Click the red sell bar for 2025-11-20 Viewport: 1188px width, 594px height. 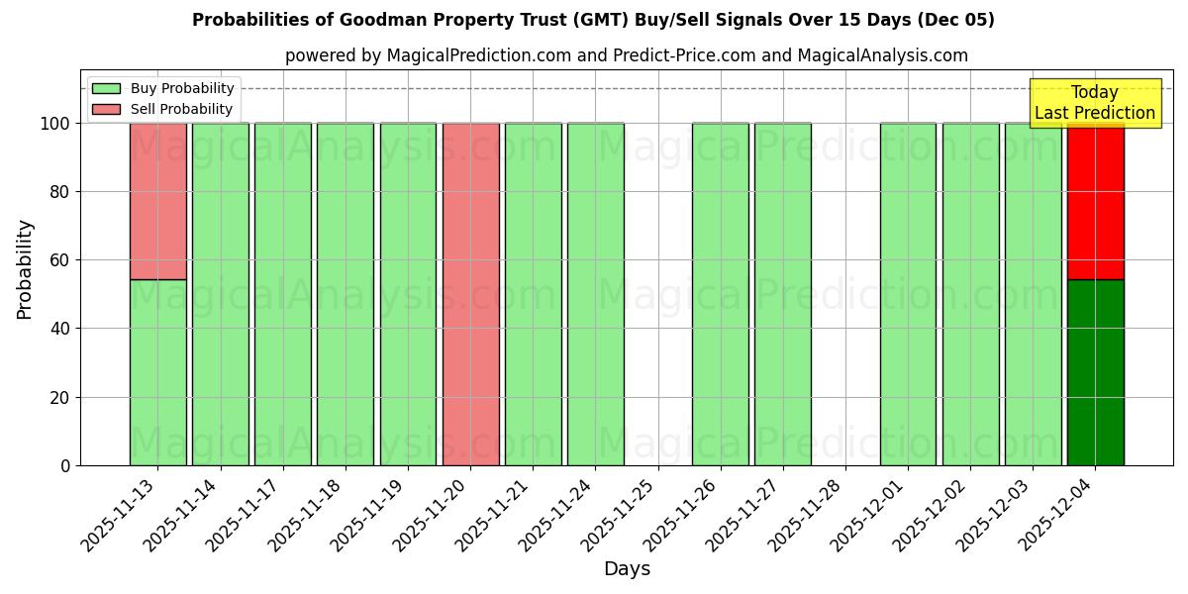pyautogui.click(x=470, y=294)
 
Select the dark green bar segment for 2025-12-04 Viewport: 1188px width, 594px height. pyautogui.click(x=1095, y=372)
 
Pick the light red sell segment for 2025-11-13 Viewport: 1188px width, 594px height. pyautogui.click(x=157, y=201)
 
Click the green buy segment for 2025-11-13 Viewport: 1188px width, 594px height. pyautogui.click(x=157, y=372)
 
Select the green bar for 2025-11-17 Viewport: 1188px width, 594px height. pyautogui.click(x=282, y=294)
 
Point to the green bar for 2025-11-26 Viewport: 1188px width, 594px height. pyautogui.click(x=720, y=294)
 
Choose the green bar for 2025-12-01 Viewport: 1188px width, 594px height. pyautogui.click(x=908, y=294)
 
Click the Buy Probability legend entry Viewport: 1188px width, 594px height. pyautogui.click(x=163, y=88)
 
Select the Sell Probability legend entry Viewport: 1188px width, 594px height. pyautogui.click(x=163, y=109)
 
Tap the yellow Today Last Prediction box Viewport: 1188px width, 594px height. pyautogui.click(x=1095, y=103)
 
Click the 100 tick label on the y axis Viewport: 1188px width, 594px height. pyautogui.click(x=54, y=124)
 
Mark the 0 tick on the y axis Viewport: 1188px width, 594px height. pyautogui.click(x=65, y=465)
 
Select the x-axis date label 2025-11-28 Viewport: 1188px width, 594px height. pyautogui.click(x=803, y=515)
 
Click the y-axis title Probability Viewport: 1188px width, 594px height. pyautogui.click(x=25, y=268)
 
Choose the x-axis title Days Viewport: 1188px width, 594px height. pyautogui.click(x=627, y=569)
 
